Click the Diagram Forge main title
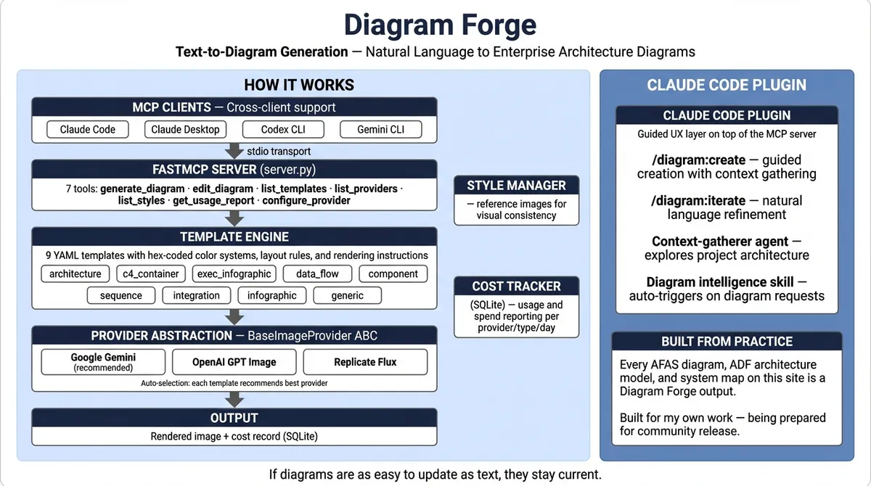(439, 24)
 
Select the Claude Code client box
(87, 129)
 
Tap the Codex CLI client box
(284, 129)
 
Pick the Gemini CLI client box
(380, 129)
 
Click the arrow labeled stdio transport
(234, 151)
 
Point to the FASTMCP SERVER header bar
(234, 170)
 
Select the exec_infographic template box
(233, 273)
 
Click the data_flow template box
(317, 273)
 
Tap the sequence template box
(121, 295)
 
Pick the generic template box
(347, 295)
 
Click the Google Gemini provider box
(103, 361)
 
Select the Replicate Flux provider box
(365, 361)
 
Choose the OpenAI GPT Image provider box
(234, 361)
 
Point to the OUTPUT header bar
(234, 418)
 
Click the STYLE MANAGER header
(516, 186)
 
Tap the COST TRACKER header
(516, 286)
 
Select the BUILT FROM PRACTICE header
(727, 342)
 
